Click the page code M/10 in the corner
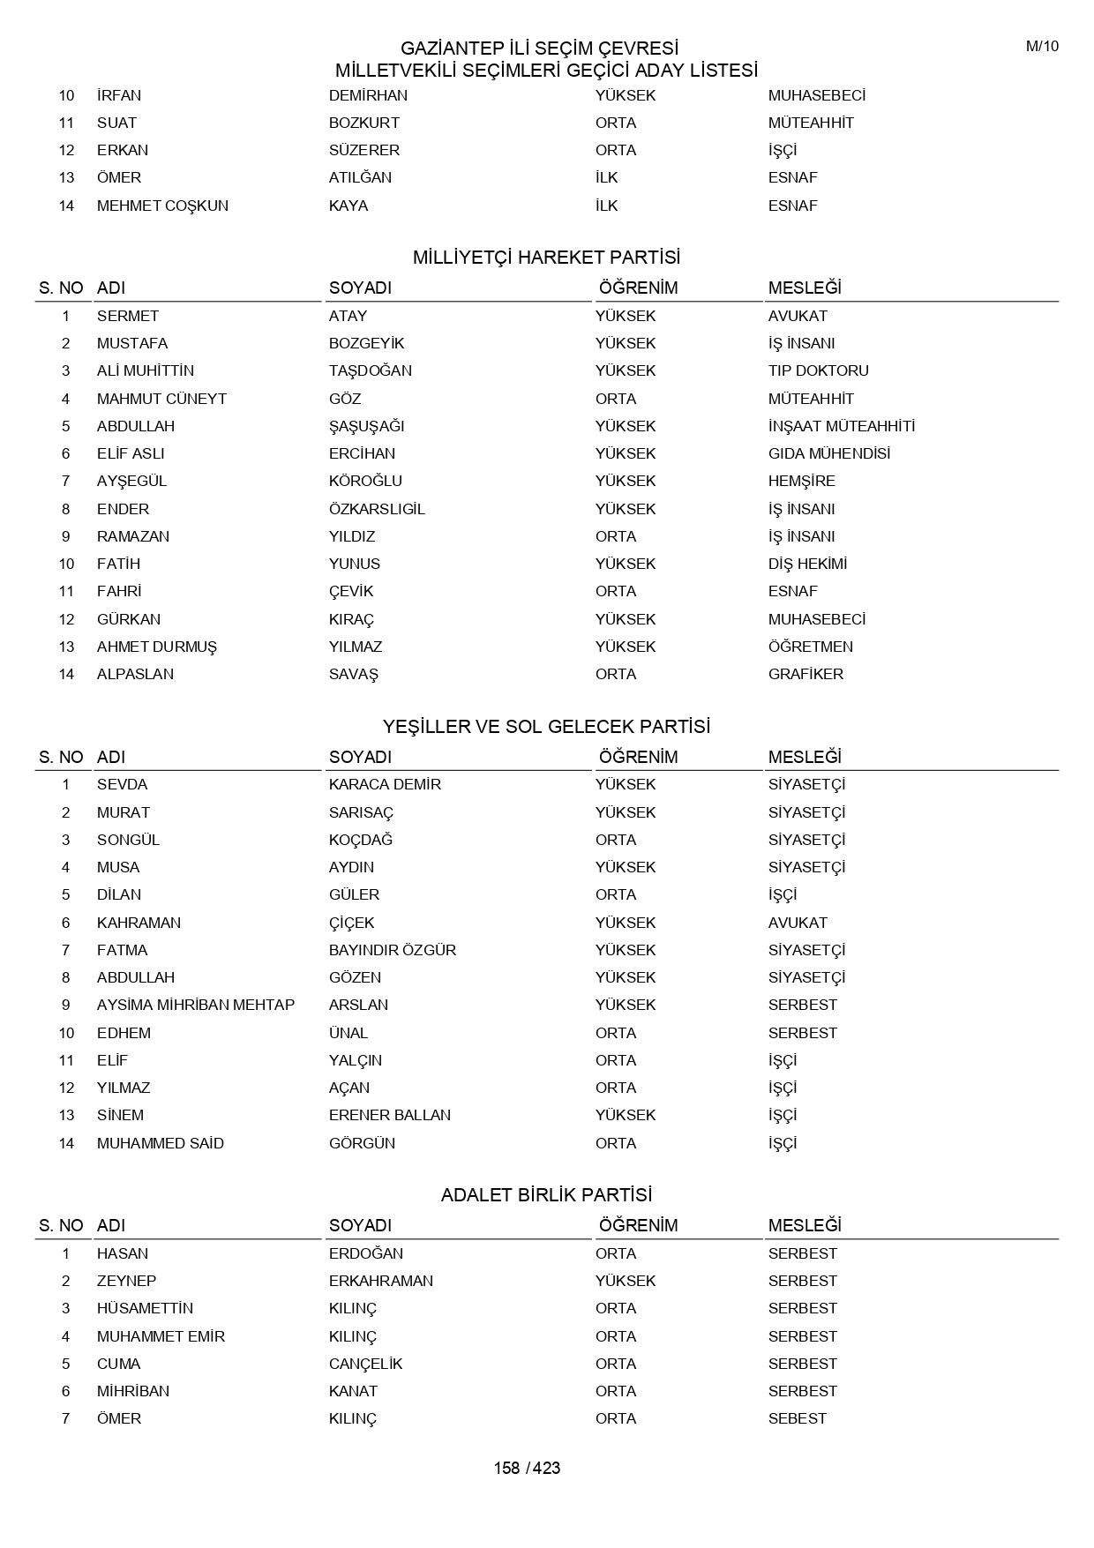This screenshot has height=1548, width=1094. [x=1041, y=47]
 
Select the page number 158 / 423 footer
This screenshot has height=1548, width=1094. [x=527, y=1468]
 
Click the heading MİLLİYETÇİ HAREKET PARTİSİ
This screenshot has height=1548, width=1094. [x=546, y=258]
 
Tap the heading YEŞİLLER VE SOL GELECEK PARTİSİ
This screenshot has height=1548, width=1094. [x=546, y=727]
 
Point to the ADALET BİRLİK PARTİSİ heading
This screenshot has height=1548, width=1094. [x=546, y=1195]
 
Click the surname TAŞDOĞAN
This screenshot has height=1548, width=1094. [x=370, y=370]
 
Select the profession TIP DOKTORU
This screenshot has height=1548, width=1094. [x=818, y=370]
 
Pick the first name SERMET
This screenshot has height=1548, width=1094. [x=128, y=316]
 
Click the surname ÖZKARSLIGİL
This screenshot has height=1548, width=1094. [x=377, y=509]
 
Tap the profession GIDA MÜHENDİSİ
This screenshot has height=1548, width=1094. [x=828, y=453]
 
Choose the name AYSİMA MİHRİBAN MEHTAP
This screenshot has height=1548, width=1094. [x=196, y=1005]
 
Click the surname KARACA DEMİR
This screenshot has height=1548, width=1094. [x=385, y=784]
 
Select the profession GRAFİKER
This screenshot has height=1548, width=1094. [x=806, y=674]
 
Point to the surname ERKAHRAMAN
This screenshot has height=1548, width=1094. [x=380, y=1281]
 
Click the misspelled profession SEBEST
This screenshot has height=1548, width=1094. [x=797, y=1418]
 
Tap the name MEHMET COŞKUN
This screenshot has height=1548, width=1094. [x=162, y=206]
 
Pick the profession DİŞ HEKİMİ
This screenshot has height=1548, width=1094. [x=807, y=564]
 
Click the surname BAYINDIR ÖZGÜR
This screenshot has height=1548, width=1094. [x=392, y=950]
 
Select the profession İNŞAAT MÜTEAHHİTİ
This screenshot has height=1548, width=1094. [x=841, y=426]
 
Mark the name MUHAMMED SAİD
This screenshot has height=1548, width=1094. [x=160, y=1143]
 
